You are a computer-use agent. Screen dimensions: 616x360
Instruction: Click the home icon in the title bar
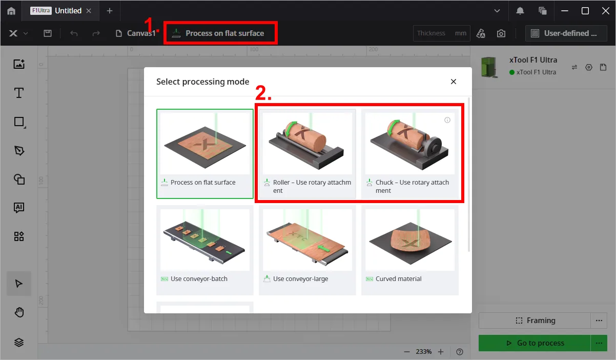11,11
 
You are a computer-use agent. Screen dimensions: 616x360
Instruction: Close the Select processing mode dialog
454,82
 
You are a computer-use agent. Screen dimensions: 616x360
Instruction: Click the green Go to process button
535,343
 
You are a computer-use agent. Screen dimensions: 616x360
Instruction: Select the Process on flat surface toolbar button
220,33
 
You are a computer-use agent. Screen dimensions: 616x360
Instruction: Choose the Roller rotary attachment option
307,153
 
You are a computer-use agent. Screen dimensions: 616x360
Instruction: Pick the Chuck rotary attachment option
410,153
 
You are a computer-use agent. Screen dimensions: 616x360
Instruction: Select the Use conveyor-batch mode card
205,250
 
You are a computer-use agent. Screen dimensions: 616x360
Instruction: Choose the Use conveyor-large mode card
307,250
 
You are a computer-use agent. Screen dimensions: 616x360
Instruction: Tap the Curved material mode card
410,250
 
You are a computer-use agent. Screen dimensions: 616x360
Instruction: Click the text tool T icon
18,93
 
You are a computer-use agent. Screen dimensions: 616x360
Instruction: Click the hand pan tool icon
19,312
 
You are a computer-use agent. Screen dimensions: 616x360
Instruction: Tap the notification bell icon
520,11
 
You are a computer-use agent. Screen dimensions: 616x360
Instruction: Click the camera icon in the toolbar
501,33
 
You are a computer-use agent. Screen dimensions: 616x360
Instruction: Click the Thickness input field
441,33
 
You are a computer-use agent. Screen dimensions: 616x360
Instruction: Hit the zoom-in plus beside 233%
441,352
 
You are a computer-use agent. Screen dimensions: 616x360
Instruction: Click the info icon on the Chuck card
447,120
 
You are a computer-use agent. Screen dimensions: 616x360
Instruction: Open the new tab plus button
110,11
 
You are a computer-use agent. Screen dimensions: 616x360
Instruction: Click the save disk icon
48,33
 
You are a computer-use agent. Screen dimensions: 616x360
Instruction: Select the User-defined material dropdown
566,33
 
